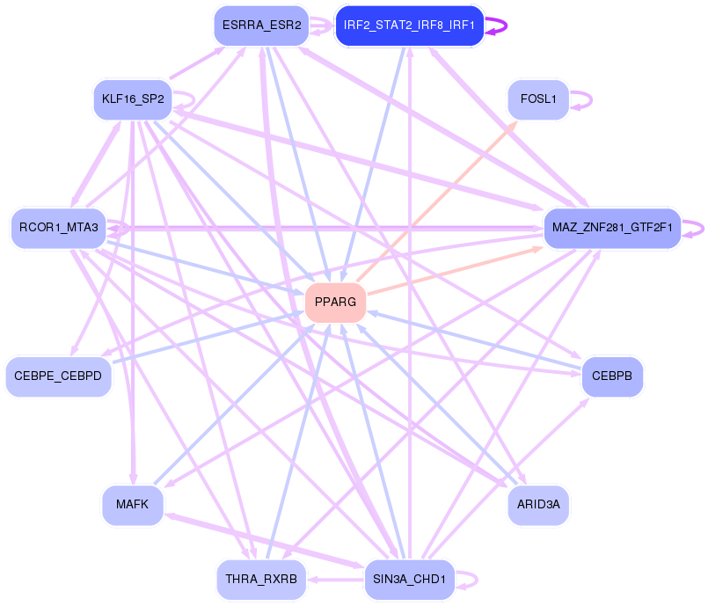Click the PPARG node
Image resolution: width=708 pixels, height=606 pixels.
(x=335, y=303)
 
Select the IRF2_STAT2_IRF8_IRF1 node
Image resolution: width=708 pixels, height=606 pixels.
(x=410, y=26)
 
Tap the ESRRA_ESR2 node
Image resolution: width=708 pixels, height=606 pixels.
(x=261, y=26)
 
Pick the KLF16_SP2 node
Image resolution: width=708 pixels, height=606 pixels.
(x=132, y=99)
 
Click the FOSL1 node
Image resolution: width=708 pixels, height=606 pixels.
(x=538, y=99)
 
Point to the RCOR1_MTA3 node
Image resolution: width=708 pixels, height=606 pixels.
(x=58, y=229)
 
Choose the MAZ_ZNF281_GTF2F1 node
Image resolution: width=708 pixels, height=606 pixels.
(x=612, y=229)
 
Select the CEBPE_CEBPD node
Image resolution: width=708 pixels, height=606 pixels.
(x=58, y=376)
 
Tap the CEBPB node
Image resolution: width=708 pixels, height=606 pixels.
(x=612, y=376)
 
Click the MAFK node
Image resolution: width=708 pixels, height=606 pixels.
(x=132, y=505)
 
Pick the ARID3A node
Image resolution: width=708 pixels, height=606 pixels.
(x=538, y=505)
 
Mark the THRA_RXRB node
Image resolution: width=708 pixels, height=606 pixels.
(x=261, y=580)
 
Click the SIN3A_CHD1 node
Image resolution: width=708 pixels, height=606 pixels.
(x=410, y=580)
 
